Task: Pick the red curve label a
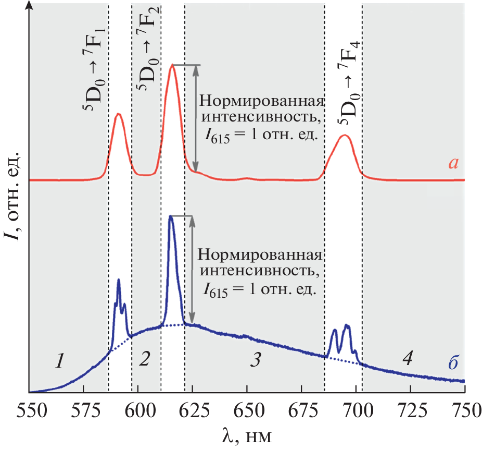tap(453, 163)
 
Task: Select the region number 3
tap(255, 359)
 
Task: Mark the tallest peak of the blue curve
tap(171, 216)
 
